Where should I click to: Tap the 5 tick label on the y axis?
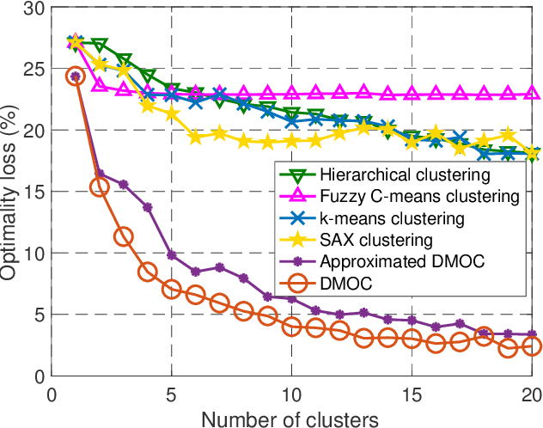(x=37, y=315)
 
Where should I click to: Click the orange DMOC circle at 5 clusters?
(x=172, y=289)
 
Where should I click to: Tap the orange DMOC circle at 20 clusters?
(x=532, y=346)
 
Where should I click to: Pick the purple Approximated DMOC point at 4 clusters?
(x=148, y=207)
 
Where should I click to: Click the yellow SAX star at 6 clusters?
(x=196, y=137)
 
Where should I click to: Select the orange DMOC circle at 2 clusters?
(x=100, y=187)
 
